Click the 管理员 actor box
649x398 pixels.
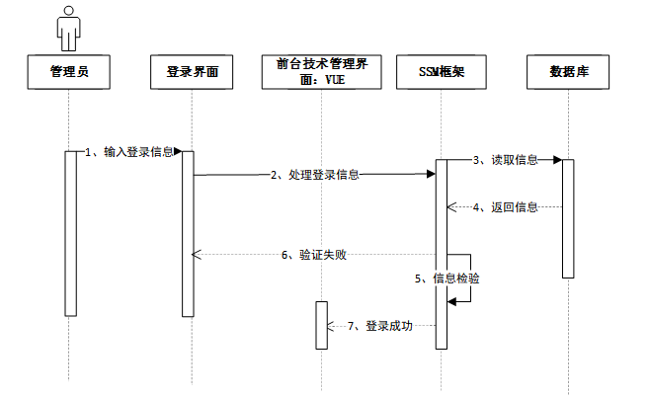pyautogui.click(x=68, y=71)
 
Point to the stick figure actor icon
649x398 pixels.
pyautogui.click(x=68, y=28)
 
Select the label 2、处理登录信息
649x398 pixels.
pyautogui.click(x=315, y=175)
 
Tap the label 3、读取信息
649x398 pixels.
pyautogui.click(x=505, y=159)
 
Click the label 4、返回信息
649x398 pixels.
pyautogui.click(x=505, y=207)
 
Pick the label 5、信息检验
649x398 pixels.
pyautogui.click(x=446, y=279)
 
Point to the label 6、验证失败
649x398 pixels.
pyautogui.click(x=313, y=255)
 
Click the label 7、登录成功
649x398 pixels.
pyautogui.click(x=380, y=326)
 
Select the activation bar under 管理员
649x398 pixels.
pyautogui.click(x=69, y=233)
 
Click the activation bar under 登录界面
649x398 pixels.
pyautogui.click(x=188, y=233)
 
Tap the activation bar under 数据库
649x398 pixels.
pyautogui.click(x=568, y=218)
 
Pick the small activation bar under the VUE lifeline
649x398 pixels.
pyautogui.click(x=321, y=325)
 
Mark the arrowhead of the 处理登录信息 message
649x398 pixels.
pyautogui.click(x=431, y=175)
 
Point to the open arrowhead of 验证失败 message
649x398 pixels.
pyautogui.click(x=196, y=255)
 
